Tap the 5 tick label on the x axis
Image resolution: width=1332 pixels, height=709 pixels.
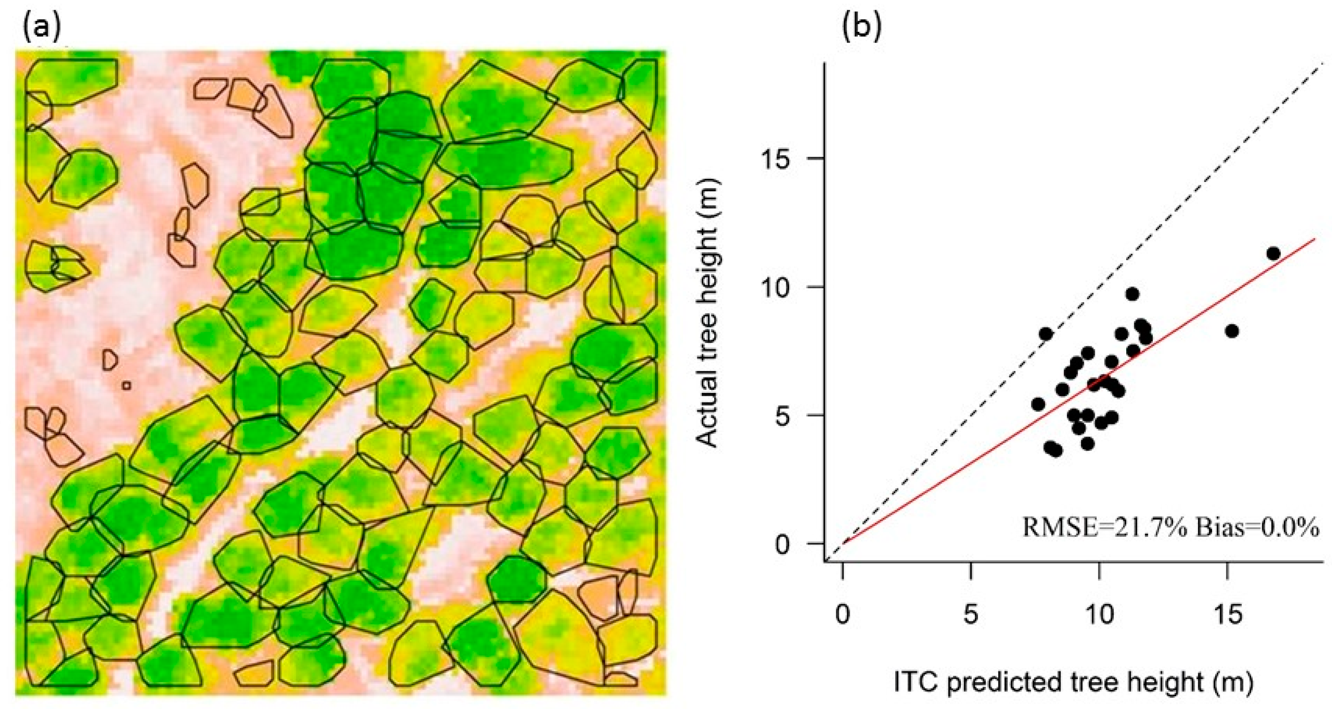pyautogui.click(x=971, y=614)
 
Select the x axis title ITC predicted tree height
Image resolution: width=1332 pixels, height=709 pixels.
pyautogui.click(x=1074, y=682)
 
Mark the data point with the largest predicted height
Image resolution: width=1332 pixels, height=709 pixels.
pyautogui.click(x=1273, y=254)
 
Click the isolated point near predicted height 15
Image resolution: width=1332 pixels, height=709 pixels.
pyautogui.click(x=1232, y=331)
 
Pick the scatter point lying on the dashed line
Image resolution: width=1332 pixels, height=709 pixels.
pyautogui.click(x=1046, y=334)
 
